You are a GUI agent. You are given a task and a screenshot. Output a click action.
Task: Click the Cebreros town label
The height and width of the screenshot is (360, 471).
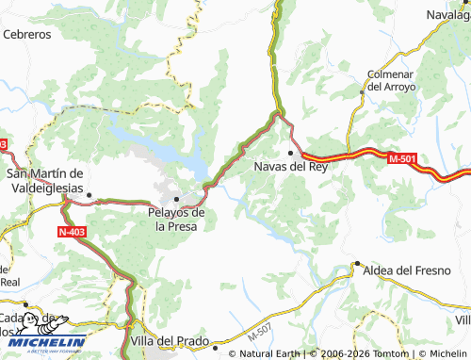26,33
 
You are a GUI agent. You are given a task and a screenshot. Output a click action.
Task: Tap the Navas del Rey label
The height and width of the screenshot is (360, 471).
291,167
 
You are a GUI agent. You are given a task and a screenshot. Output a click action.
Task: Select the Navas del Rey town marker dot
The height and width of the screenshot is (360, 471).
291,152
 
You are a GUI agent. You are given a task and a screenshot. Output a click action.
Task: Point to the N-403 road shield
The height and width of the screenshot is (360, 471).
71,231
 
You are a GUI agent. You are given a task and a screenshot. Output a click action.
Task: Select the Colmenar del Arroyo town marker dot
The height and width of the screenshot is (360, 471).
362,92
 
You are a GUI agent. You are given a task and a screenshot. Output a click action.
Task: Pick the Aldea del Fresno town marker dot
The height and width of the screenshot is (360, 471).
357,264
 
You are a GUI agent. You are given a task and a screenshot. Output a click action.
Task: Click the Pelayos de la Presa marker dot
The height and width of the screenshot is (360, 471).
176,199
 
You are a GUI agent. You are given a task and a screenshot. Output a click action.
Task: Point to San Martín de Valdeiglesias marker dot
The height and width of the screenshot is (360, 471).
89,196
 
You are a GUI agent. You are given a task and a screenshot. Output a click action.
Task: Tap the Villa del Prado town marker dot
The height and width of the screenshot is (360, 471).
216,346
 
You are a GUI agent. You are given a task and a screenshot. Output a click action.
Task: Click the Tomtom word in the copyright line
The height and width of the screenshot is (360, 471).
386,353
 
